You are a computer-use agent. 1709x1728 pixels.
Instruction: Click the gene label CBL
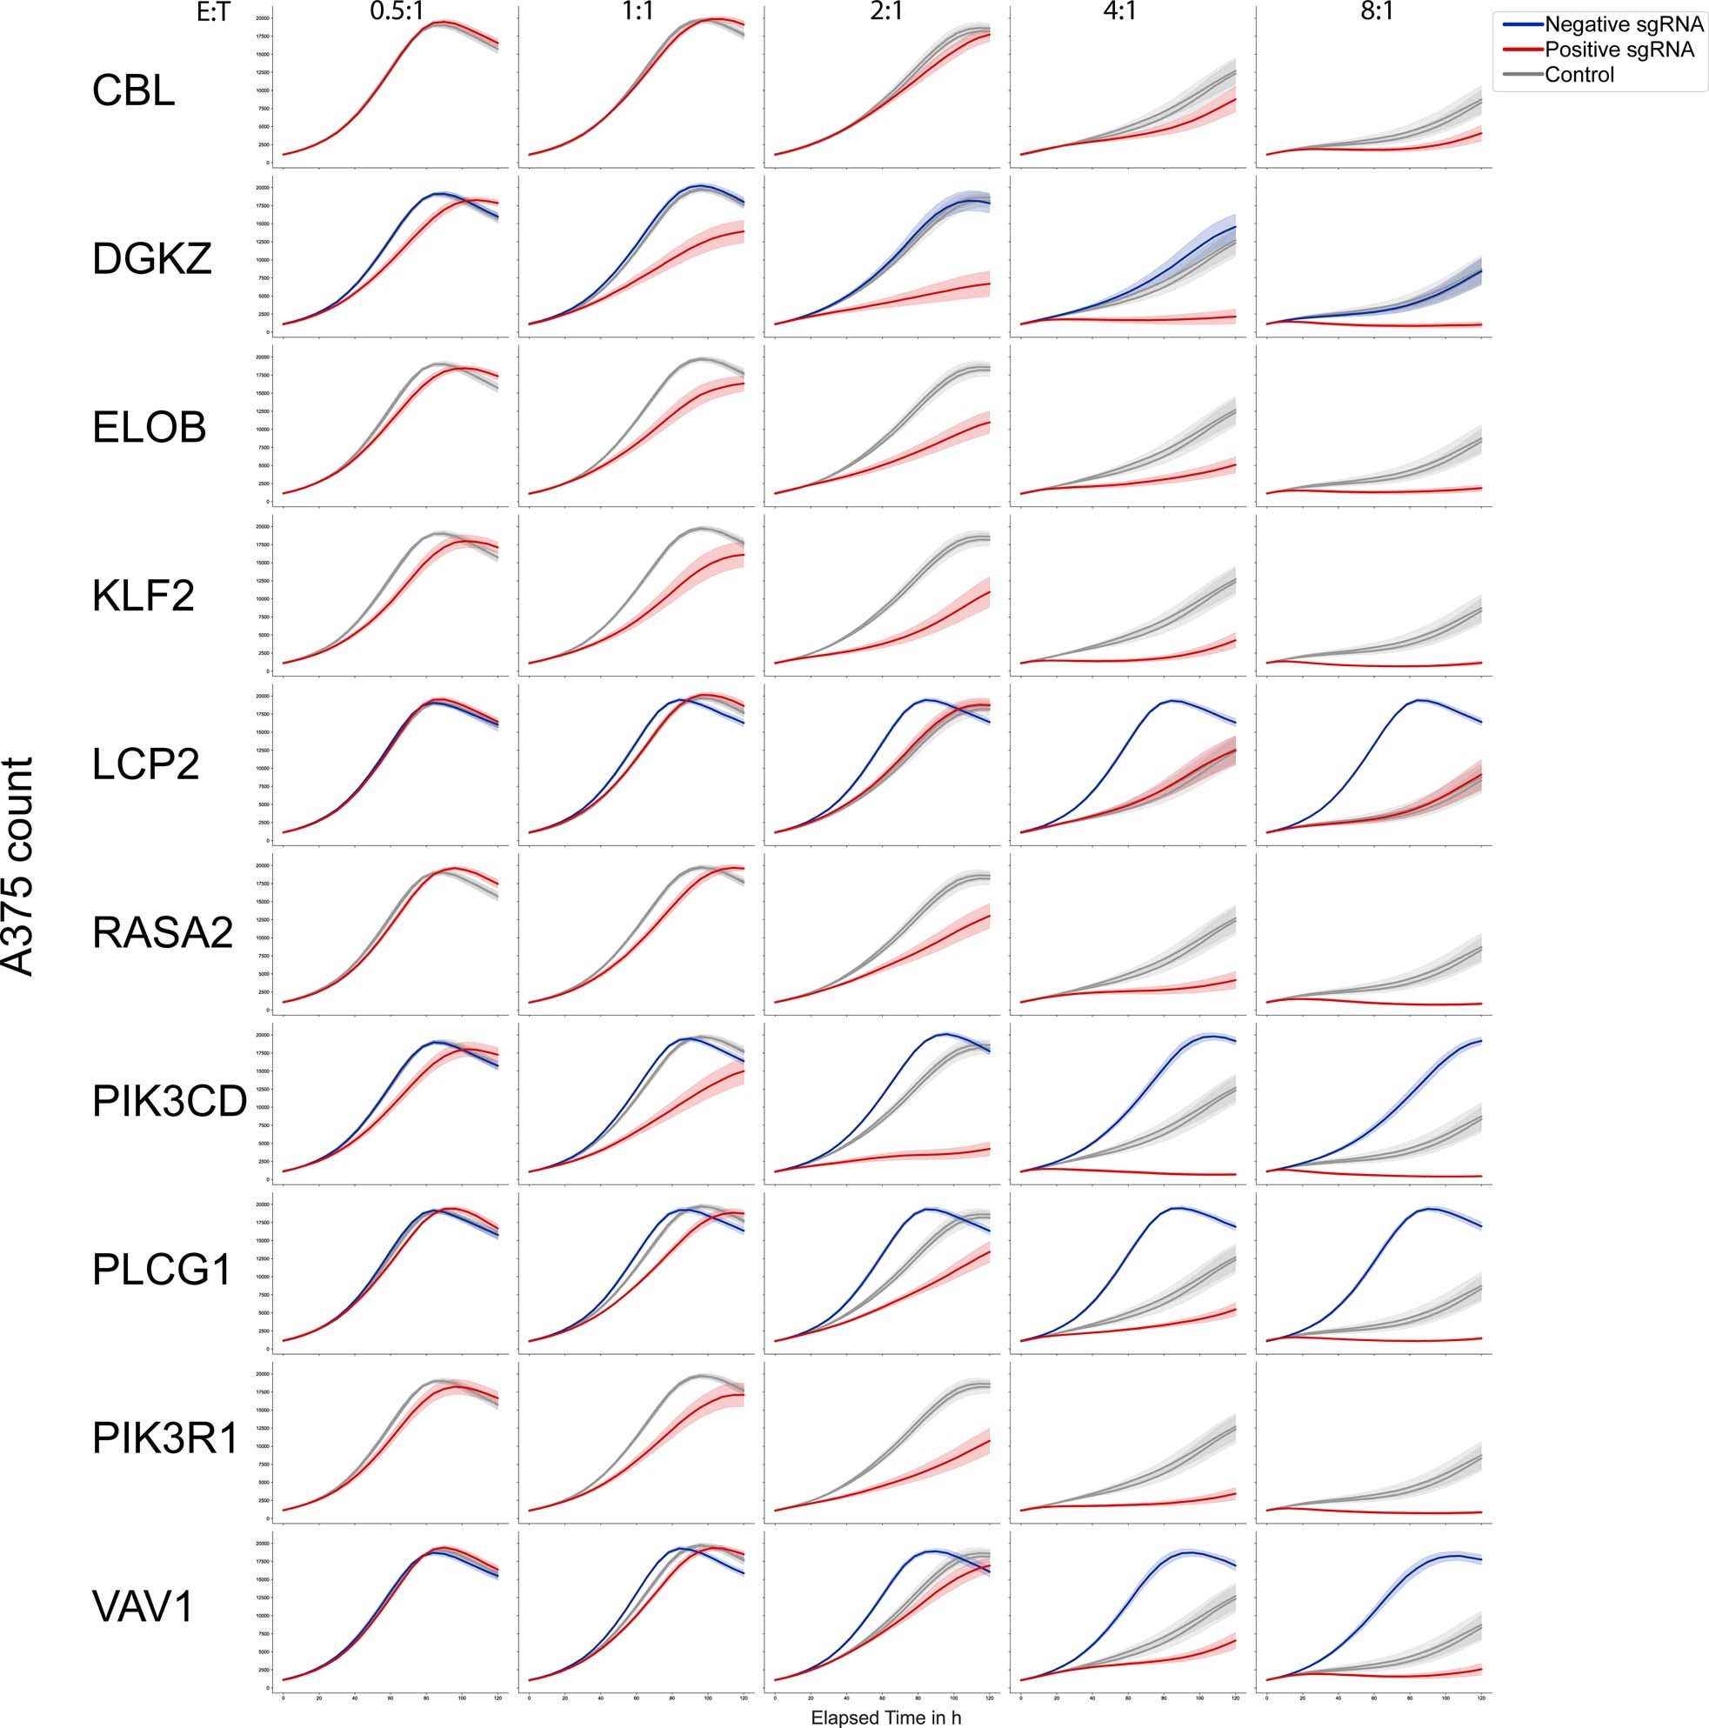point(133,91)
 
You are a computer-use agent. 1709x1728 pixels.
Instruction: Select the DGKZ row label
point(152,259)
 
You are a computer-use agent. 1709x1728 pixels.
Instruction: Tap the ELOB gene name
point(150,428)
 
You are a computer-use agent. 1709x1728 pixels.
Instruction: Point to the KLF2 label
point(144,596)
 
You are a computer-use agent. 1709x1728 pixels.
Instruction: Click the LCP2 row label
point(145,764)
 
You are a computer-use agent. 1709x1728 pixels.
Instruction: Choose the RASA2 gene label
point(163,933)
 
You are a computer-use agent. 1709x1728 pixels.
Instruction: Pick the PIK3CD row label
point(169,1102)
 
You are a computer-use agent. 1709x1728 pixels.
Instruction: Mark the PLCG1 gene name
point(163,1270)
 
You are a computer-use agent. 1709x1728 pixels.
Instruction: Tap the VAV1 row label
point(144,1608)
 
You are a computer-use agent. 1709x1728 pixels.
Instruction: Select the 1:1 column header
point(637,13)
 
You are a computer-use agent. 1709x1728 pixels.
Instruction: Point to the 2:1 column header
point(885,13)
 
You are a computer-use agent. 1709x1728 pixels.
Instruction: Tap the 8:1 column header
point(1378,13)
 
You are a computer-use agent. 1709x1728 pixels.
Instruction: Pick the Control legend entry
point(1579,75)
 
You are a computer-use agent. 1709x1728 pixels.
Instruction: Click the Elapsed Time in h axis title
point(885,1718)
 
